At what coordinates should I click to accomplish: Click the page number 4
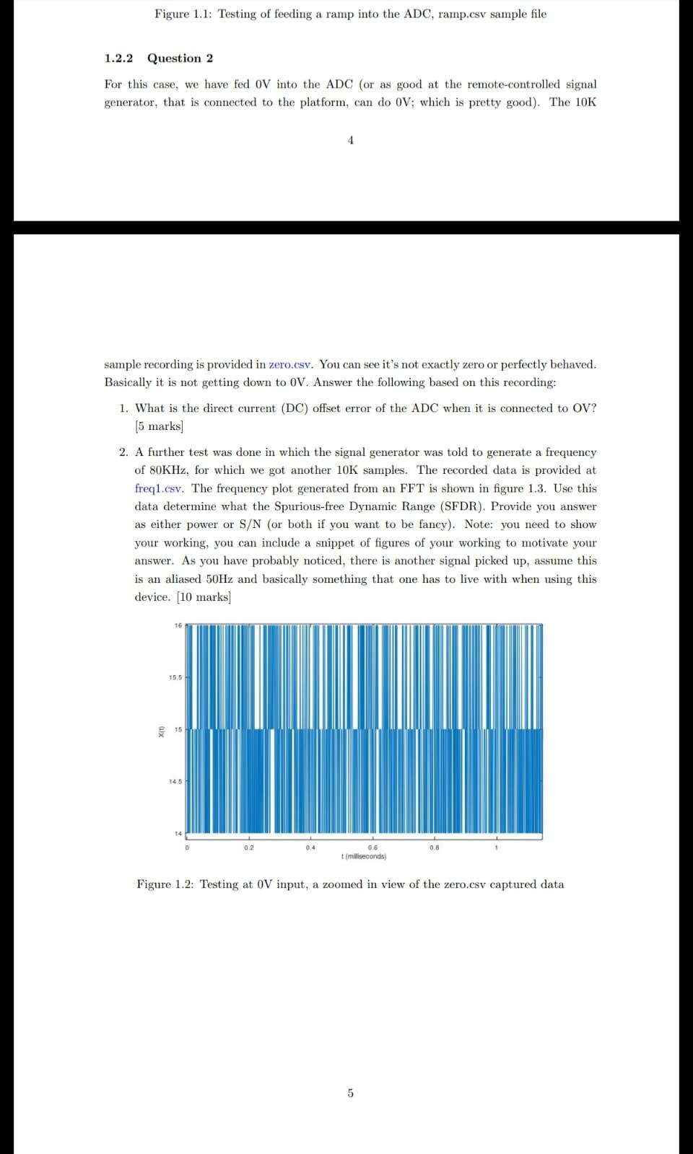pos(350,141)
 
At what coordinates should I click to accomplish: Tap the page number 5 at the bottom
pos(351,1093)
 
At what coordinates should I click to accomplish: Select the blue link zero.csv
pos(291,364)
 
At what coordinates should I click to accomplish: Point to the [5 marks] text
pos(159,426)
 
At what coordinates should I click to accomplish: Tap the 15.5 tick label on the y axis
pos(175,678)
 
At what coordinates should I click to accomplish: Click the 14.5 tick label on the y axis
pos(175,781)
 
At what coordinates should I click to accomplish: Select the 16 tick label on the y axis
pos(178,625)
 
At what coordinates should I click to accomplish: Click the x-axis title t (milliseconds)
pos(363,857)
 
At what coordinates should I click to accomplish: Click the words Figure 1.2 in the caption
pos(165,884)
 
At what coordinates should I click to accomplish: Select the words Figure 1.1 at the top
pos(182,14)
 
